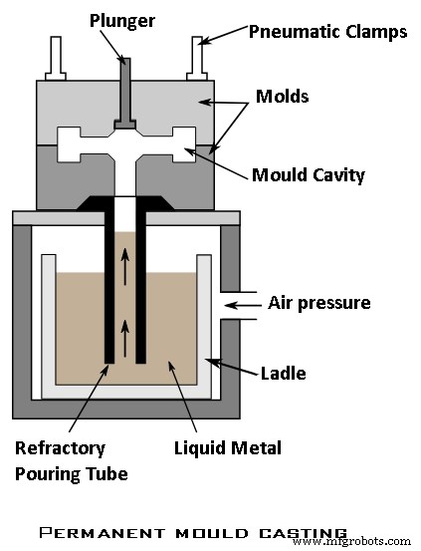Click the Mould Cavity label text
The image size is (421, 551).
coord(308,175)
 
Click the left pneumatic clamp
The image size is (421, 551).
coord(56,59)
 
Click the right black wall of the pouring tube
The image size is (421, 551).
coord(143,289)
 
